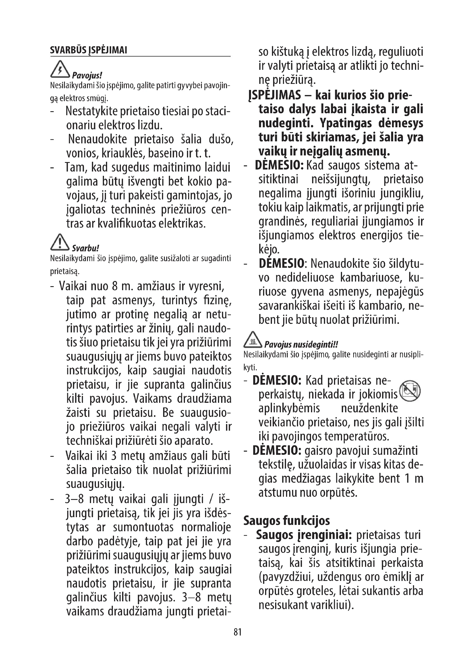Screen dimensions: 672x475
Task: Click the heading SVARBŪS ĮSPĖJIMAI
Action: [x=88, y=50]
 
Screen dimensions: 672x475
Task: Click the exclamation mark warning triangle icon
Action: [x=60, y=243]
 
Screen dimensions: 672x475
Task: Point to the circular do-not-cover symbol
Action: [x=410, y=391]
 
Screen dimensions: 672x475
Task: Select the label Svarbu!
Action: [x=85, y=248]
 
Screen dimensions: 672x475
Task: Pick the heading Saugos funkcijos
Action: [x=287, y=521]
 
